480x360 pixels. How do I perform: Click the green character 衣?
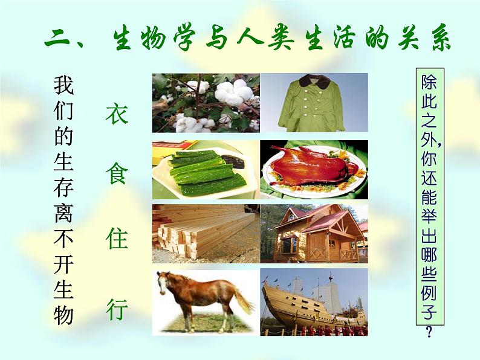117,113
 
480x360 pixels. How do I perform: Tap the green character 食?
117,177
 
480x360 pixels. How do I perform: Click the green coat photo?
314,102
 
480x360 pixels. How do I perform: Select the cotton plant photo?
206,102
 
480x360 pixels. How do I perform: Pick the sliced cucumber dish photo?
206,170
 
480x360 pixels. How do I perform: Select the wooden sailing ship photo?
314,302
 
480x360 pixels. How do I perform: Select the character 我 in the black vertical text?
63,85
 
